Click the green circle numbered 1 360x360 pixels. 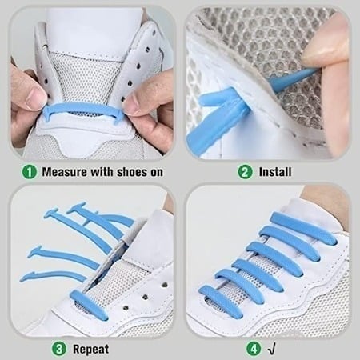coord(29,171)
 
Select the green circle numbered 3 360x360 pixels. coord(59,348)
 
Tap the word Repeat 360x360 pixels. coord(91,348)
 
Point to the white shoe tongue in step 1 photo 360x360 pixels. coord(88,32)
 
